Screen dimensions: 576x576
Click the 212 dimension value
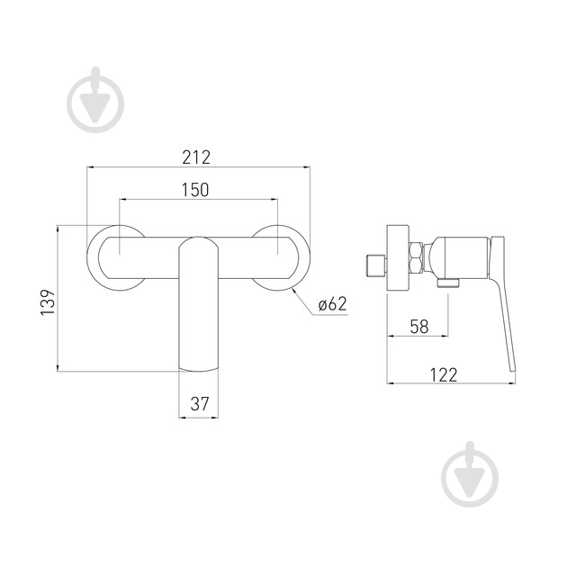196,157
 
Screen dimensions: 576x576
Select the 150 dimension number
195,190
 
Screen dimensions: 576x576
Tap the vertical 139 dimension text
48,302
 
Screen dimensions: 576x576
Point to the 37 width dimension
200,404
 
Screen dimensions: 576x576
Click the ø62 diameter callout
332,304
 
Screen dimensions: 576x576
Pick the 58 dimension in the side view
419,326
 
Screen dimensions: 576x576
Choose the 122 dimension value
444,374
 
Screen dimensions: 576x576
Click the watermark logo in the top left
95,100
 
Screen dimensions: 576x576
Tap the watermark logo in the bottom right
470,474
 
